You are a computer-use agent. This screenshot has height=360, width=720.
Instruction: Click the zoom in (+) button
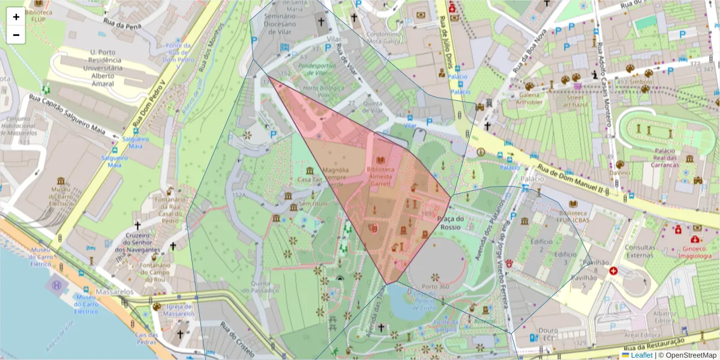click(16, 17)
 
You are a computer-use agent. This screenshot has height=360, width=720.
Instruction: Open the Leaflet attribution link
click(641, 355)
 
